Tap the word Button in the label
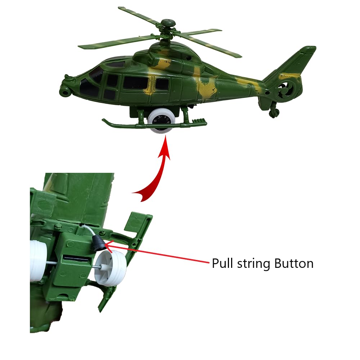pos(294,263)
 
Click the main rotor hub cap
pos(168,23)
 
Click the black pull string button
pos(98,243)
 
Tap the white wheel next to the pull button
pos(111,268)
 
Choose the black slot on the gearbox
pos(76,258)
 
